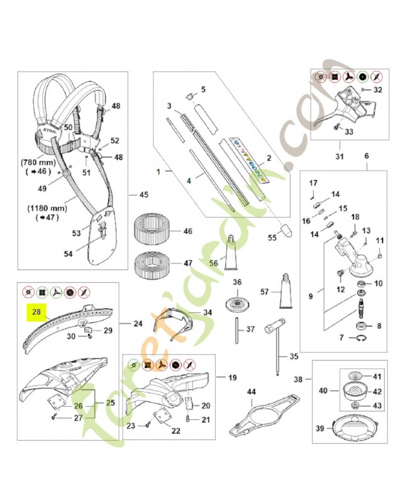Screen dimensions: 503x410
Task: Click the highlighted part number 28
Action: tap(36, 311)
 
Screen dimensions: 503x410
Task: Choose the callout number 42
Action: tap(377, 391)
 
